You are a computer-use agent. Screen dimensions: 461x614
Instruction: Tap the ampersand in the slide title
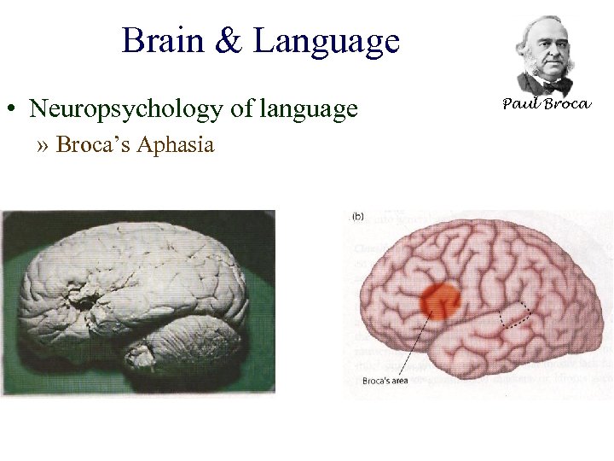point(229,41)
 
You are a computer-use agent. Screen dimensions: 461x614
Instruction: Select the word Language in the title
point(327,42)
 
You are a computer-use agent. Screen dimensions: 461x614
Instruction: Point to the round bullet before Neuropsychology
point(14,110)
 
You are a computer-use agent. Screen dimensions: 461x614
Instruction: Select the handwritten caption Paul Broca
point(546,104)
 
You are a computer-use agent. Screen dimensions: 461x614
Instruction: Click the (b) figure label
point(358,216)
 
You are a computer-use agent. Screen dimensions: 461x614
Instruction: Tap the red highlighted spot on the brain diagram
point(441,300)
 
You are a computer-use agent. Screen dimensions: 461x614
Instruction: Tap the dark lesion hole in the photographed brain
point(84,300)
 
